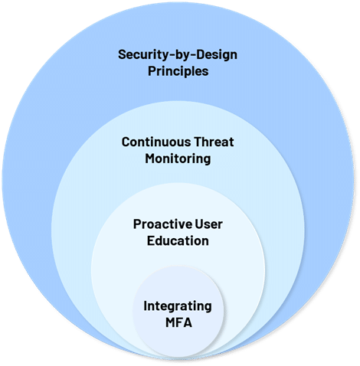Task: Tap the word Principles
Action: (178, 71)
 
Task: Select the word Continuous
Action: (156, 142)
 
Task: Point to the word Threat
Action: (214, 142)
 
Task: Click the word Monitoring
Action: (178, 159)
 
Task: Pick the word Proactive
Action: (163, 224)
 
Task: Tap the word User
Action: (209, 224)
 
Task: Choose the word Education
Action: (178, 240)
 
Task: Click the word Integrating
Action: (178, 307)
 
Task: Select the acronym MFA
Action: (178, 322)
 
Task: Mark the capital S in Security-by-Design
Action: (123, 54)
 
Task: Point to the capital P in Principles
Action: (152, 70)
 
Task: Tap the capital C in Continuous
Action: (126, 142)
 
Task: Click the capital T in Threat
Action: (198, 142)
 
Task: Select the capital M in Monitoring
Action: (151, 158)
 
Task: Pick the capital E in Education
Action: (151, 241)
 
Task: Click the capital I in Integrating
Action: (145, 306)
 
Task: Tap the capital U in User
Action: (200, 224)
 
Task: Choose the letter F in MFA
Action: (180, 322)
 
